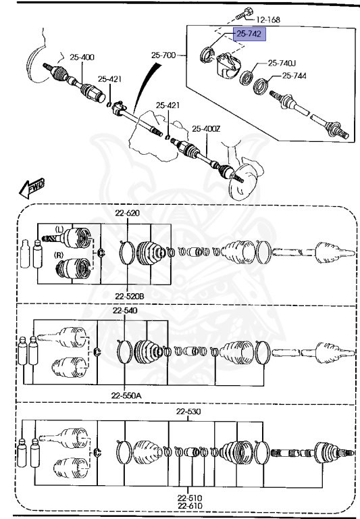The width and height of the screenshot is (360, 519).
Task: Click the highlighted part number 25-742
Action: click(248, 34)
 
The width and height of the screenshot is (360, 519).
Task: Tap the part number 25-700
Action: click(163, 54)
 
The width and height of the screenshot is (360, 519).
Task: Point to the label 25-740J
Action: click(282, 63)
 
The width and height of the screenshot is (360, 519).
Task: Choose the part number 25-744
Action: click(294, 76)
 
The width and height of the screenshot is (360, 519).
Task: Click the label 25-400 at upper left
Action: click(82, 57)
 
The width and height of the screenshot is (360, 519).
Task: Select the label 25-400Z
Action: click(206, 128)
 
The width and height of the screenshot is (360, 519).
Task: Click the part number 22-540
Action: click(125, 311)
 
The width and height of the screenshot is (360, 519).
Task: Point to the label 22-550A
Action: click(127, 395)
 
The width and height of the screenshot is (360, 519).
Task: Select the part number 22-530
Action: click(189, 412)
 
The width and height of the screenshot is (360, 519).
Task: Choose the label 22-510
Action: click(190, 498)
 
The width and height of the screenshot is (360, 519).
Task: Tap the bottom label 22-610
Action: click(190, 506)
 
